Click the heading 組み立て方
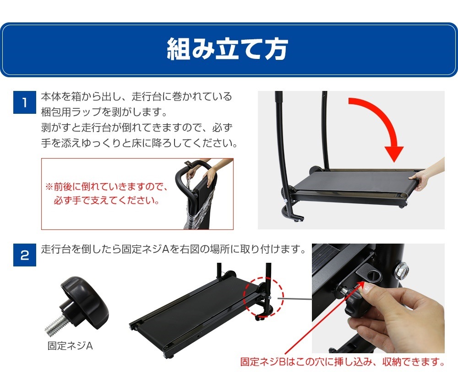(x=227, y=49)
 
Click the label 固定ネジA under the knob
(x=70, y=346)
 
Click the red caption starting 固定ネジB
(x=343, y=362)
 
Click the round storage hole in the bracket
(x=374, y=276)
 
